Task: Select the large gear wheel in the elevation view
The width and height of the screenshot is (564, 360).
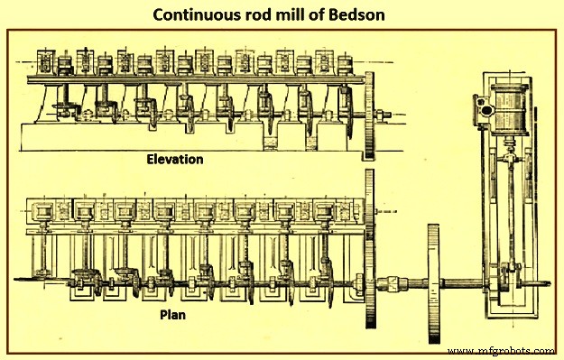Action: tap(372, 116)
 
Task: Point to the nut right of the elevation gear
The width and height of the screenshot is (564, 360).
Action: tap(386, 115)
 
